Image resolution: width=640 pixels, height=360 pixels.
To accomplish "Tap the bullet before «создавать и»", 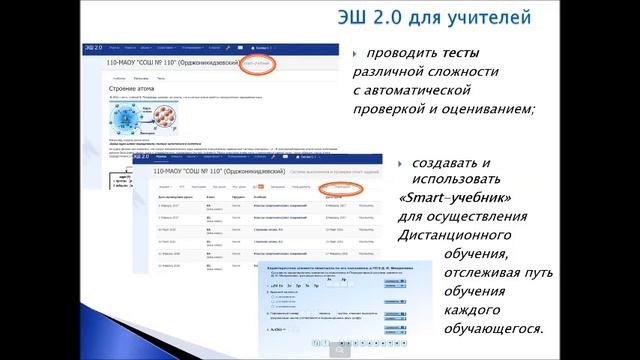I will point(401,162).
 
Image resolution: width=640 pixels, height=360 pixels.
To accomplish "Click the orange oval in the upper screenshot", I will point(254,63).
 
